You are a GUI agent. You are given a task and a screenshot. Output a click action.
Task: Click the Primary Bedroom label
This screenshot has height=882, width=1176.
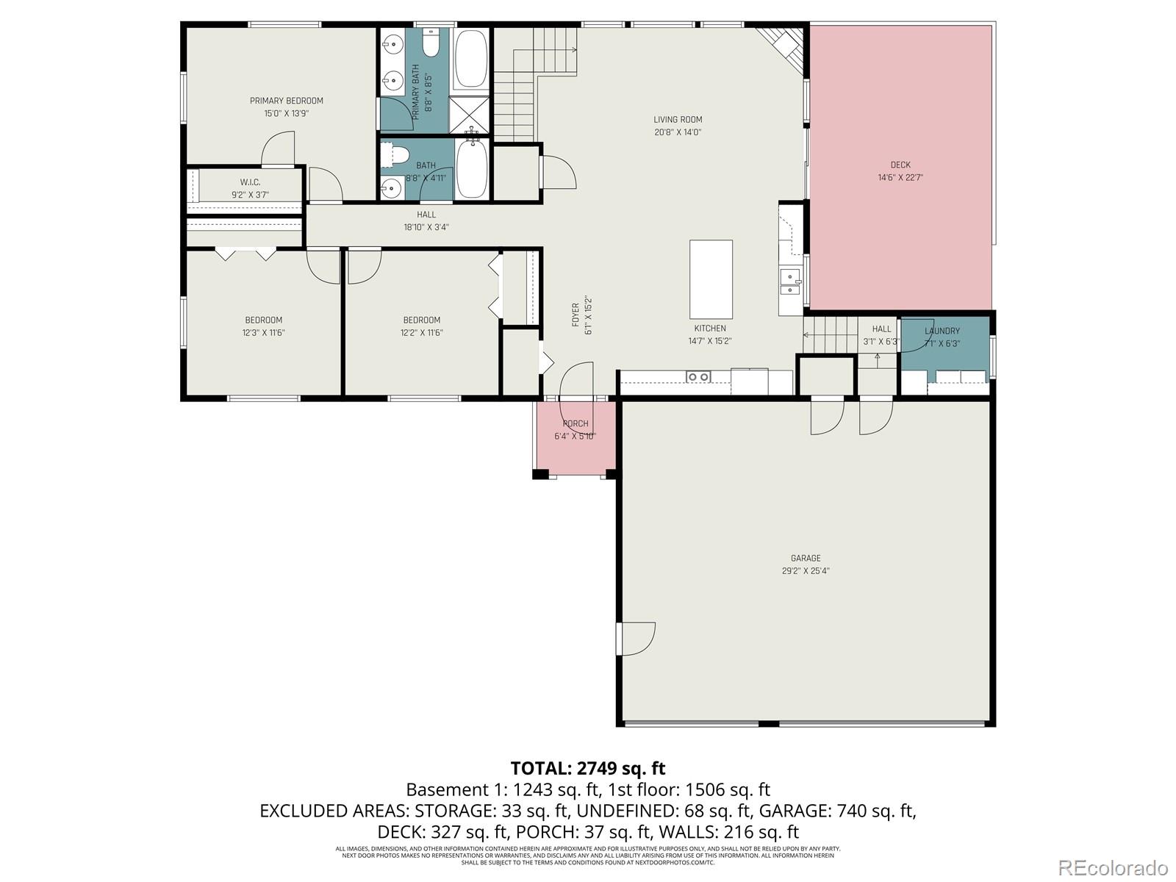coord(286,101)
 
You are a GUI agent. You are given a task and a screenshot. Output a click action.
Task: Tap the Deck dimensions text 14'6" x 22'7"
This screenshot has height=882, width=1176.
coord(900,177)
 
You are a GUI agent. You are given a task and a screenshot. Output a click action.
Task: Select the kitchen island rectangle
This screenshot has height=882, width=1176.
coord(711,279)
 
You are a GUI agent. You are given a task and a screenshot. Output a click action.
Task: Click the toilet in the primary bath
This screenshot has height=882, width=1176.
coord(431,43)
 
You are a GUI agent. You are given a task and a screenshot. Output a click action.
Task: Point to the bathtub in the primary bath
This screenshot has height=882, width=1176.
coord(470,58)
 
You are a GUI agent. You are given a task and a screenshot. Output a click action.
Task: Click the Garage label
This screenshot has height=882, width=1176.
coord(806,558)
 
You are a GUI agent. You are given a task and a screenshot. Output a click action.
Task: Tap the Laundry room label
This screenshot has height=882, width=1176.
coord(942,331)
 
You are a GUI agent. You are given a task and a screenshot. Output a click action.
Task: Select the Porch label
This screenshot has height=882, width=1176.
coord(576,423)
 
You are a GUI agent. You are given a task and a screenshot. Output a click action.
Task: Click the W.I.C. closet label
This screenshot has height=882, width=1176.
coord(250,182)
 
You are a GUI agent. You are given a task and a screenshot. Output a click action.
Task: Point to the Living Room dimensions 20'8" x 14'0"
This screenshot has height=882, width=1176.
coord(678,132)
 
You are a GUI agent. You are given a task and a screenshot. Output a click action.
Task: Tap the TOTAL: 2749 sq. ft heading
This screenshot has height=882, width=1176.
coord(587,768)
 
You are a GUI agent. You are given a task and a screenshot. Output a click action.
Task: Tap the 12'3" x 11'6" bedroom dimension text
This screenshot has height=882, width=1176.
coord(263,332)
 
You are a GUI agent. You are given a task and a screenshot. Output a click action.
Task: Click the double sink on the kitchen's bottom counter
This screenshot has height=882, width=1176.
coord(698,377)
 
